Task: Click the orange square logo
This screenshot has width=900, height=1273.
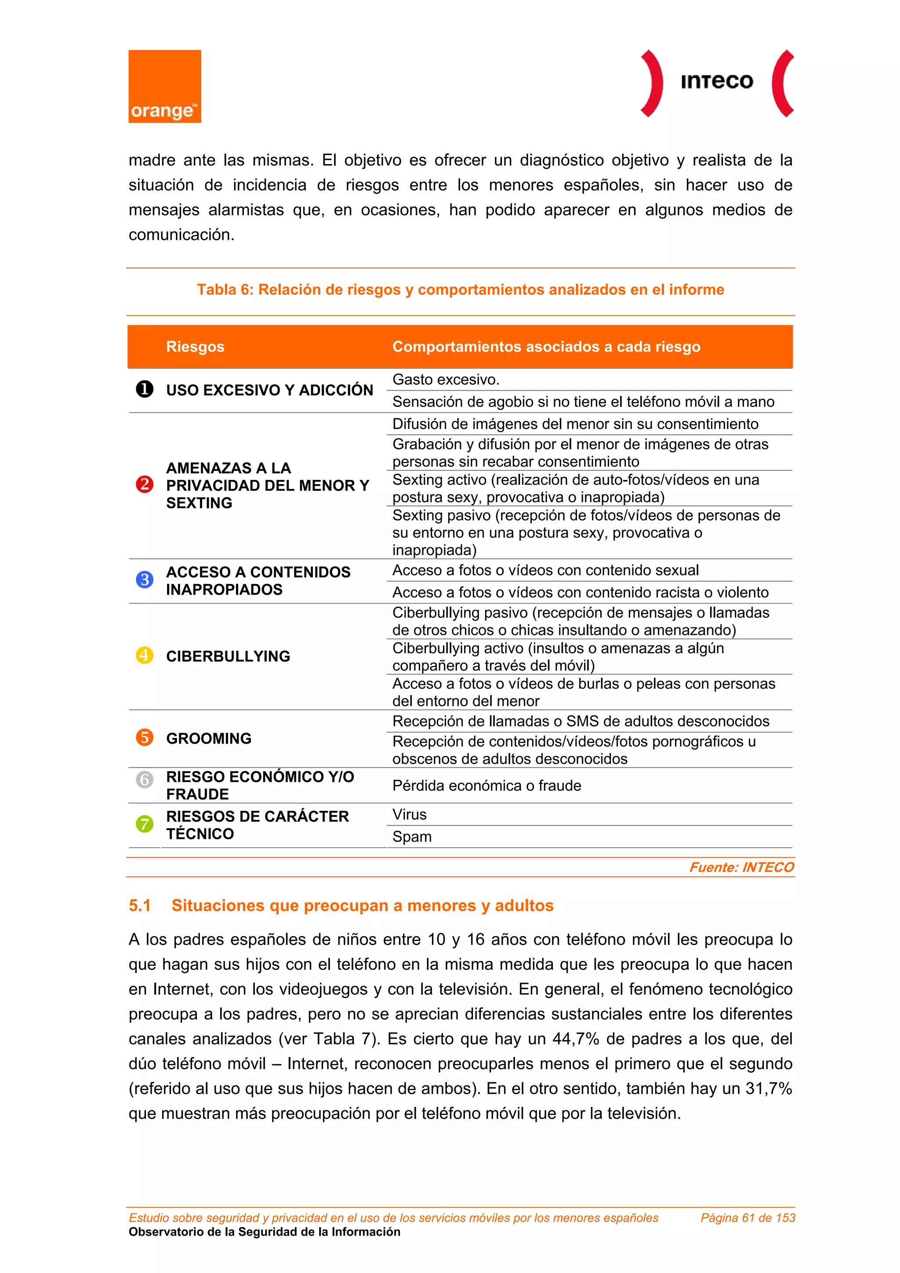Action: click(165, 86)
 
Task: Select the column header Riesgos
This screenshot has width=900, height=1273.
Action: click(195, 347)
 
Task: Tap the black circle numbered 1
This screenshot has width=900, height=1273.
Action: click(145, 389)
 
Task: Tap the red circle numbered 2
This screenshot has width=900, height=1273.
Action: click(145, 485)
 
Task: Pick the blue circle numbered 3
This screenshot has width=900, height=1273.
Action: click(145, 580)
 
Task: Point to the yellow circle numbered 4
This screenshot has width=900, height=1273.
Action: click(145, 655)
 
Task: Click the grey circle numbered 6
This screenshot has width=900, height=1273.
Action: click(145, 780)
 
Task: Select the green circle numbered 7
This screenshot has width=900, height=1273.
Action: click(145, 824)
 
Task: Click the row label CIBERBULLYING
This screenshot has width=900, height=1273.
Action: click(228, 656)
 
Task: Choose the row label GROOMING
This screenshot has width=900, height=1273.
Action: click(208, 739)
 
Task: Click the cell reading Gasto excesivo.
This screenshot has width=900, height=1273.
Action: click(446, 380)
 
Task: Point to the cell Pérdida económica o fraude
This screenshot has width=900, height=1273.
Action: click(486, 786)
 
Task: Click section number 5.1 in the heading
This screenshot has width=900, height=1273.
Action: click(140, 905)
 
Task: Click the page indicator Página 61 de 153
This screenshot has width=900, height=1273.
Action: click(748, 1218)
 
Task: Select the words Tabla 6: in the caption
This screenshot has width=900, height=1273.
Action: click(225, 290)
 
